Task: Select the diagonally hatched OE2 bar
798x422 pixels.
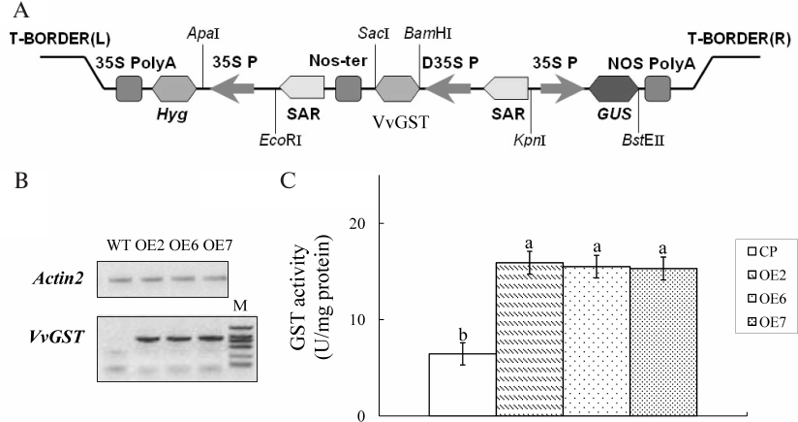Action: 529,340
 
